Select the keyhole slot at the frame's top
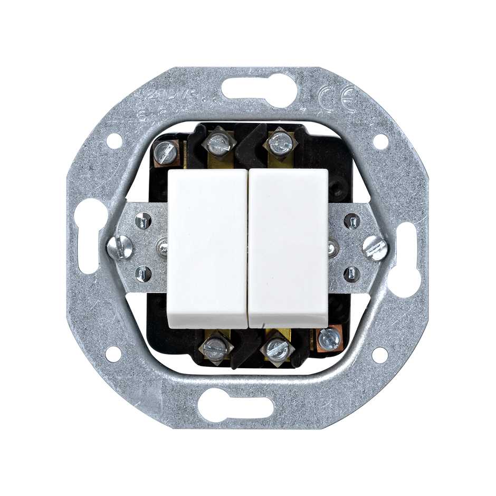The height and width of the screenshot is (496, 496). click(x=259, y=87)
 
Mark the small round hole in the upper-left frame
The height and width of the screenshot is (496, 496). click(x=114, y=140)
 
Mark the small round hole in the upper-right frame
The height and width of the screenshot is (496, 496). click(x=380, y=141)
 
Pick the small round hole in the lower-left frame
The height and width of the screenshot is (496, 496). click(x=113, y=354)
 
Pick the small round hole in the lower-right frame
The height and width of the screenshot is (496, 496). click(x=379, y=355)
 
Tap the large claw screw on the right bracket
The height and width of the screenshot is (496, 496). click(x=375, y=247)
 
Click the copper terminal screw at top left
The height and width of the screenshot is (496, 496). click(x=166, y=152)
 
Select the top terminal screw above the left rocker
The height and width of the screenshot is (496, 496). click(x=218, y=143)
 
